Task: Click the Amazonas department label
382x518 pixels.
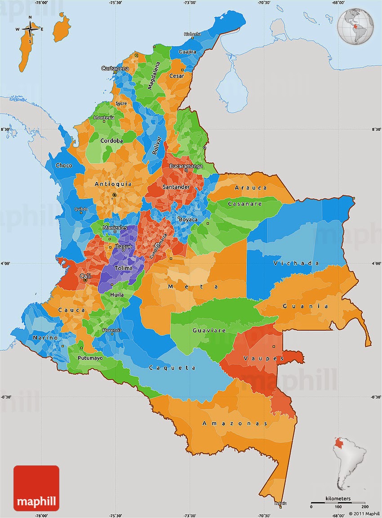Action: tap(235, 423)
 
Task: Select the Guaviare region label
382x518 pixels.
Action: tap(209, 330)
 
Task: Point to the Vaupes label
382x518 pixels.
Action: tap(263, 358)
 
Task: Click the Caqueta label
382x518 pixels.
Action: tap(172, 367)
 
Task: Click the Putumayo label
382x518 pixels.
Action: tap(90, 358)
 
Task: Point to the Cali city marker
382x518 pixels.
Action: tap(85, 280)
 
